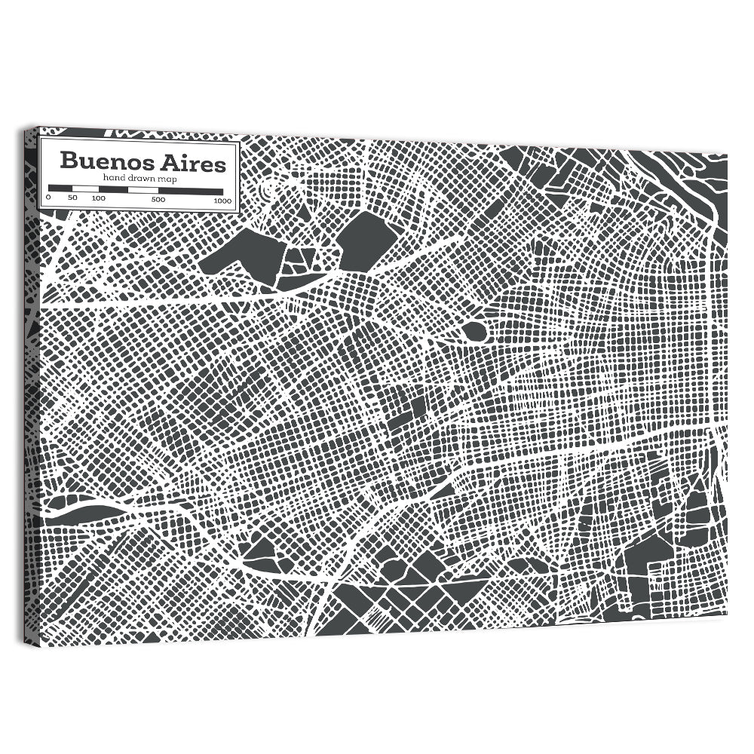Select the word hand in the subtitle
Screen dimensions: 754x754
pos(115,177)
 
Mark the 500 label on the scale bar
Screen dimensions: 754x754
pos(158,199)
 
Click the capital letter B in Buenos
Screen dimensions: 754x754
pos(68,162)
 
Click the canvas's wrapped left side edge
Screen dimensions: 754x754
pos(30,385)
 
